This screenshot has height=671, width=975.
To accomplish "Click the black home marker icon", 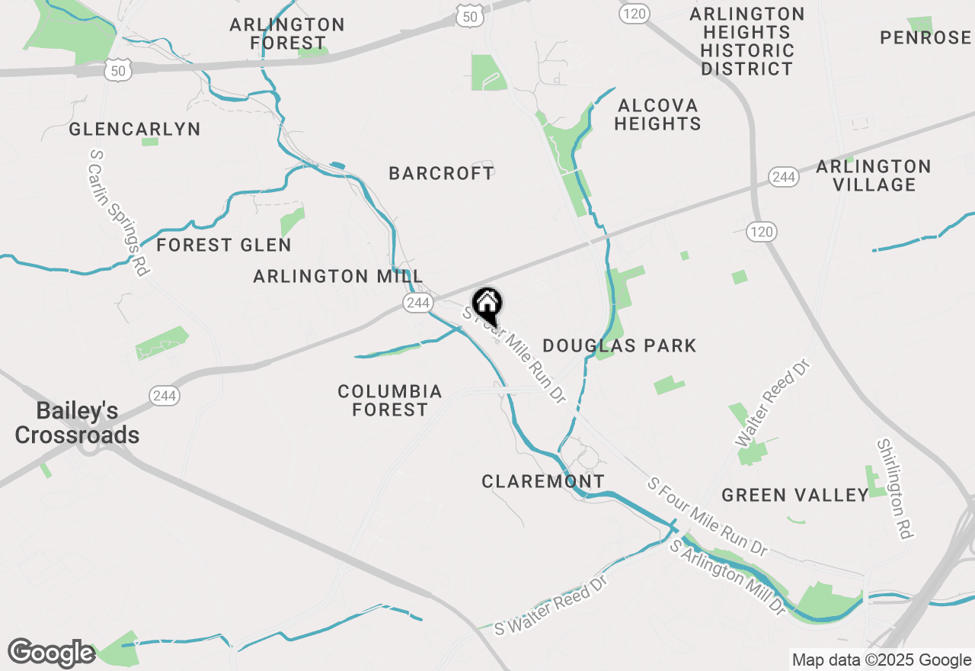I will click(487, 305).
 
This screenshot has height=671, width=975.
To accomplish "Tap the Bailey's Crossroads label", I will click(77, 423).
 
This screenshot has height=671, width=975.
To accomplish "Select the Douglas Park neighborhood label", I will click(619, 345).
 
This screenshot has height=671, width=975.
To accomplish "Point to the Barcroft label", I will click(441, 173).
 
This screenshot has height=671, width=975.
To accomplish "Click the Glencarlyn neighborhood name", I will click(135, 129).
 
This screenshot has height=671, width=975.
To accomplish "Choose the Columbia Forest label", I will click(390, 400).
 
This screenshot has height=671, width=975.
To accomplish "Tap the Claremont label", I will click(543, 481).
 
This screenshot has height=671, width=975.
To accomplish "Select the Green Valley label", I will click(795, 495).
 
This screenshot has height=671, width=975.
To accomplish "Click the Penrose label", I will click(925, 37).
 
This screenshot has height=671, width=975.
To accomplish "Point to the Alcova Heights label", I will click(657, 114).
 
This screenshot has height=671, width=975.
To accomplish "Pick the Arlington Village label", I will click(874, 175).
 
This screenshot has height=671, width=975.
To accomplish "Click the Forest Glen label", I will click(224, 245).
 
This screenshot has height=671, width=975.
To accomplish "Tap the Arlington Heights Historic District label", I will click(747, 41).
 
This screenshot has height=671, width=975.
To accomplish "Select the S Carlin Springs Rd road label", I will click(118, 212).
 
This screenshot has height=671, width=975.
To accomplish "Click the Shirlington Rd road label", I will click(894, 489).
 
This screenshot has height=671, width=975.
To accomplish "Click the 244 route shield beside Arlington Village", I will click(782, 177).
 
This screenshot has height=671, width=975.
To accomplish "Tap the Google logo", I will click(51, 653).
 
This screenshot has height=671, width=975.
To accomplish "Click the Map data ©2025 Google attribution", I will click(881, 660).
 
